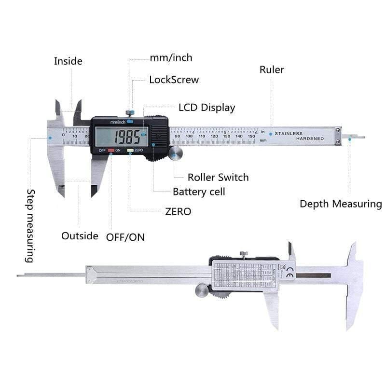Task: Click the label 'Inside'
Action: (68, 61)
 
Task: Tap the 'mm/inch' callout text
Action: (171, 58)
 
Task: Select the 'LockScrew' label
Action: (174, 80)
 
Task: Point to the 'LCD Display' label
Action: (207, 108)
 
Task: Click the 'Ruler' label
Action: (272, 69)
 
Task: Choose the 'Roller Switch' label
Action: (218, 177)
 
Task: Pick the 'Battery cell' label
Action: (199, 192)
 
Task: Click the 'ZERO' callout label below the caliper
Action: (178, 211)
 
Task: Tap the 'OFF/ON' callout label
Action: (125, 237)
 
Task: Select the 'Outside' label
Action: (80, 236)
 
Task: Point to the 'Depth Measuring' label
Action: (341, 204)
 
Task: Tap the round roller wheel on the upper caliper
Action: (176, 154)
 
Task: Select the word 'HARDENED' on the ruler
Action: (310, 139)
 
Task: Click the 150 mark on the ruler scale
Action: (251, 137)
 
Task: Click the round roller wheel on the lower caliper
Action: (202, 290)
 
